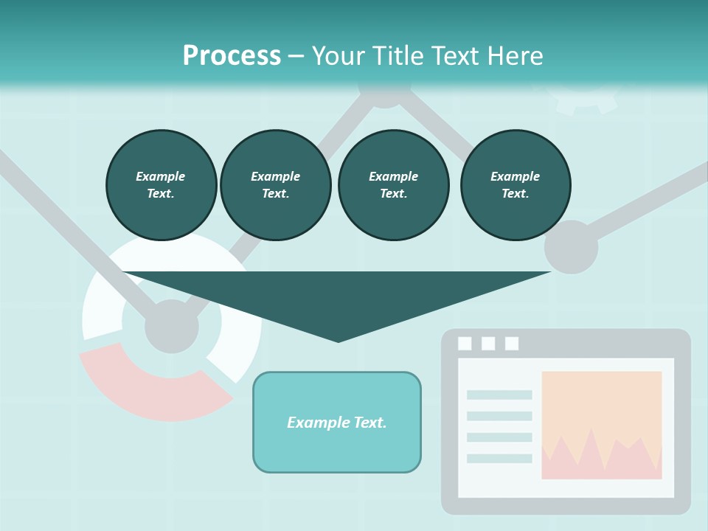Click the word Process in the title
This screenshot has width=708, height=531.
[x=232, y=55]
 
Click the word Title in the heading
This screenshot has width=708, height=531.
[x=399, y=55]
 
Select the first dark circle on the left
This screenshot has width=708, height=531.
[x=161, y=184]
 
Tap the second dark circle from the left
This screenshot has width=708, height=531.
[x=275, y=184]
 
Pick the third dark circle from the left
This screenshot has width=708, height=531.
[x=393, y=184]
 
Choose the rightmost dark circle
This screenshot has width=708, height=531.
[x=515, y=184]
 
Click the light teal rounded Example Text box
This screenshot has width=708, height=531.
[x=337, y=422]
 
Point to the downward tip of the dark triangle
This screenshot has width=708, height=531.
[x=338, y=339]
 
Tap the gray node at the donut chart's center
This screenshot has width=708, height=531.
[x=172, y=326]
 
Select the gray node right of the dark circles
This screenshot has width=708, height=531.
[x=571, y=246]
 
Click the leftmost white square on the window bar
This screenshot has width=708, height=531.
[x=465, y=343]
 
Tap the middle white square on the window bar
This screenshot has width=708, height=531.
[x=488, y=343]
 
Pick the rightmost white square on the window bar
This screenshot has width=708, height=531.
[x=512, y=343]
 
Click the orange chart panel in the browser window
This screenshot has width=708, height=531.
[x=601, y=406]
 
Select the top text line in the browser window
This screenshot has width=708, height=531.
[x=499, y=395]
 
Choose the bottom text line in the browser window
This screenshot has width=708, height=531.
[x=499, y=459]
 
